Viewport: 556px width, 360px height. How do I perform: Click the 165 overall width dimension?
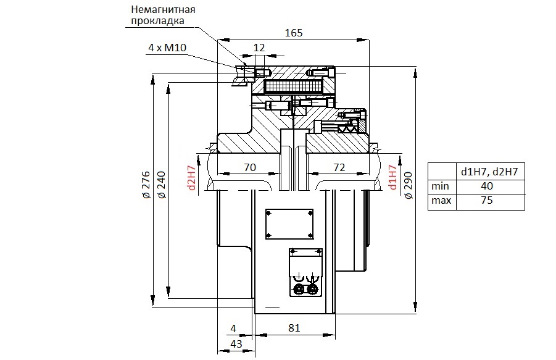(294, 33)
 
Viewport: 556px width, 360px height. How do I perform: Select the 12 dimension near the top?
(259, 48)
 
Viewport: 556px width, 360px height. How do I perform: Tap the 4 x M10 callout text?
(167, 48)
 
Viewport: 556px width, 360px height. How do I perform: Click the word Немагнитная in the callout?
(163, 9)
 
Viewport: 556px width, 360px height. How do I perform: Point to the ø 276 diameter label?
(146, 185)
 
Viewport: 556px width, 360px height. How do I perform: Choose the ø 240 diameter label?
(161, 185)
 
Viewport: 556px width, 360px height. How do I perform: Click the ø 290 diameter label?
(409, 185)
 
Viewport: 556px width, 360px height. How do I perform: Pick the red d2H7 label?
(192, 178)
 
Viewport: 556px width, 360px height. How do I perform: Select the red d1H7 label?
(393, 177)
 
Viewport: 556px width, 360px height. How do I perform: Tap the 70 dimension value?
(250, 167)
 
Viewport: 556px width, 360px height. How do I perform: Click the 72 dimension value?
(339, 167)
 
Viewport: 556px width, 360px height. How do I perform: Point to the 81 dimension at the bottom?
(294, 328)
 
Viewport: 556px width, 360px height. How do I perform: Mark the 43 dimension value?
(236, 344)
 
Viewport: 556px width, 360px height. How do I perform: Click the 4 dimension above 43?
(233, 329)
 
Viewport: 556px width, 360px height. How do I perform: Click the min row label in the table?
(440, 186)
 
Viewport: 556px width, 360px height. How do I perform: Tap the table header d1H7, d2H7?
(489, 172)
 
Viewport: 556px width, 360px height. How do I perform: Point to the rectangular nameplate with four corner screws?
(289, 224)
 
